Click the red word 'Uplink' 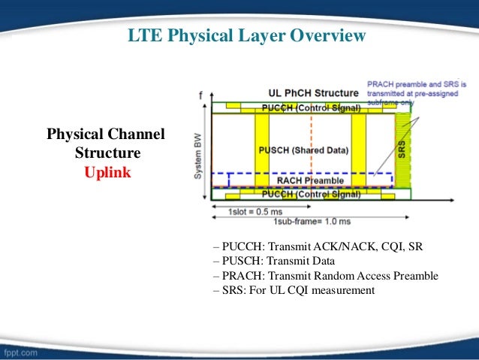[x=107, y=172]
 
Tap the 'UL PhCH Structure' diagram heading [x=315, y=92]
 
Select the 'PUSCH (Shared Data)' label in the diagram [x=303, y=150]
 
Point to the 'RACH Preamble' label [x=310, y=180]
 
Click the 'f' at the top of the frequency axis [x=201, y=95]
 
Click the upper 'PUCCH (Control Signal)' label [x=308, y=108]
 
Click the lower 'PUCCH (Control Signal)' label [x=308, y=195]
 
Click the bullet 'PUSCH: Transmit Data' [x=274, y=262]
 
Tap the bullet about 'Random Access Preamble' [x=325, y=276]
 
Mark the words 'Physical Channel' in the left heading [x=106, y=135]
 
